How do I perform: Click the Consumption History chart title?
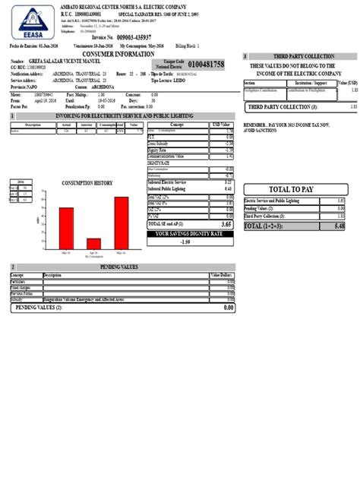(87, 183)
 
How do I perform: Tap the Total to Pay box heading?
(292, 189)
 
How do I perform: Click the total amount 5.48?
(339, 226)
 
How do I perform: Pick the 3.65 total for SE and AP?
(226, 225)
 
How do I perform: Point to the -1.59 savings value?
(185, 242)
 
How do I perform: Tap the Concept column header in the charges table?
(177, 125)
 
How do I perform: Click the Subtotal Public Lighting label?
(170, 188)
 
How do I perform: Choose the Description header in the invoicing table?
(33, 125)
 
